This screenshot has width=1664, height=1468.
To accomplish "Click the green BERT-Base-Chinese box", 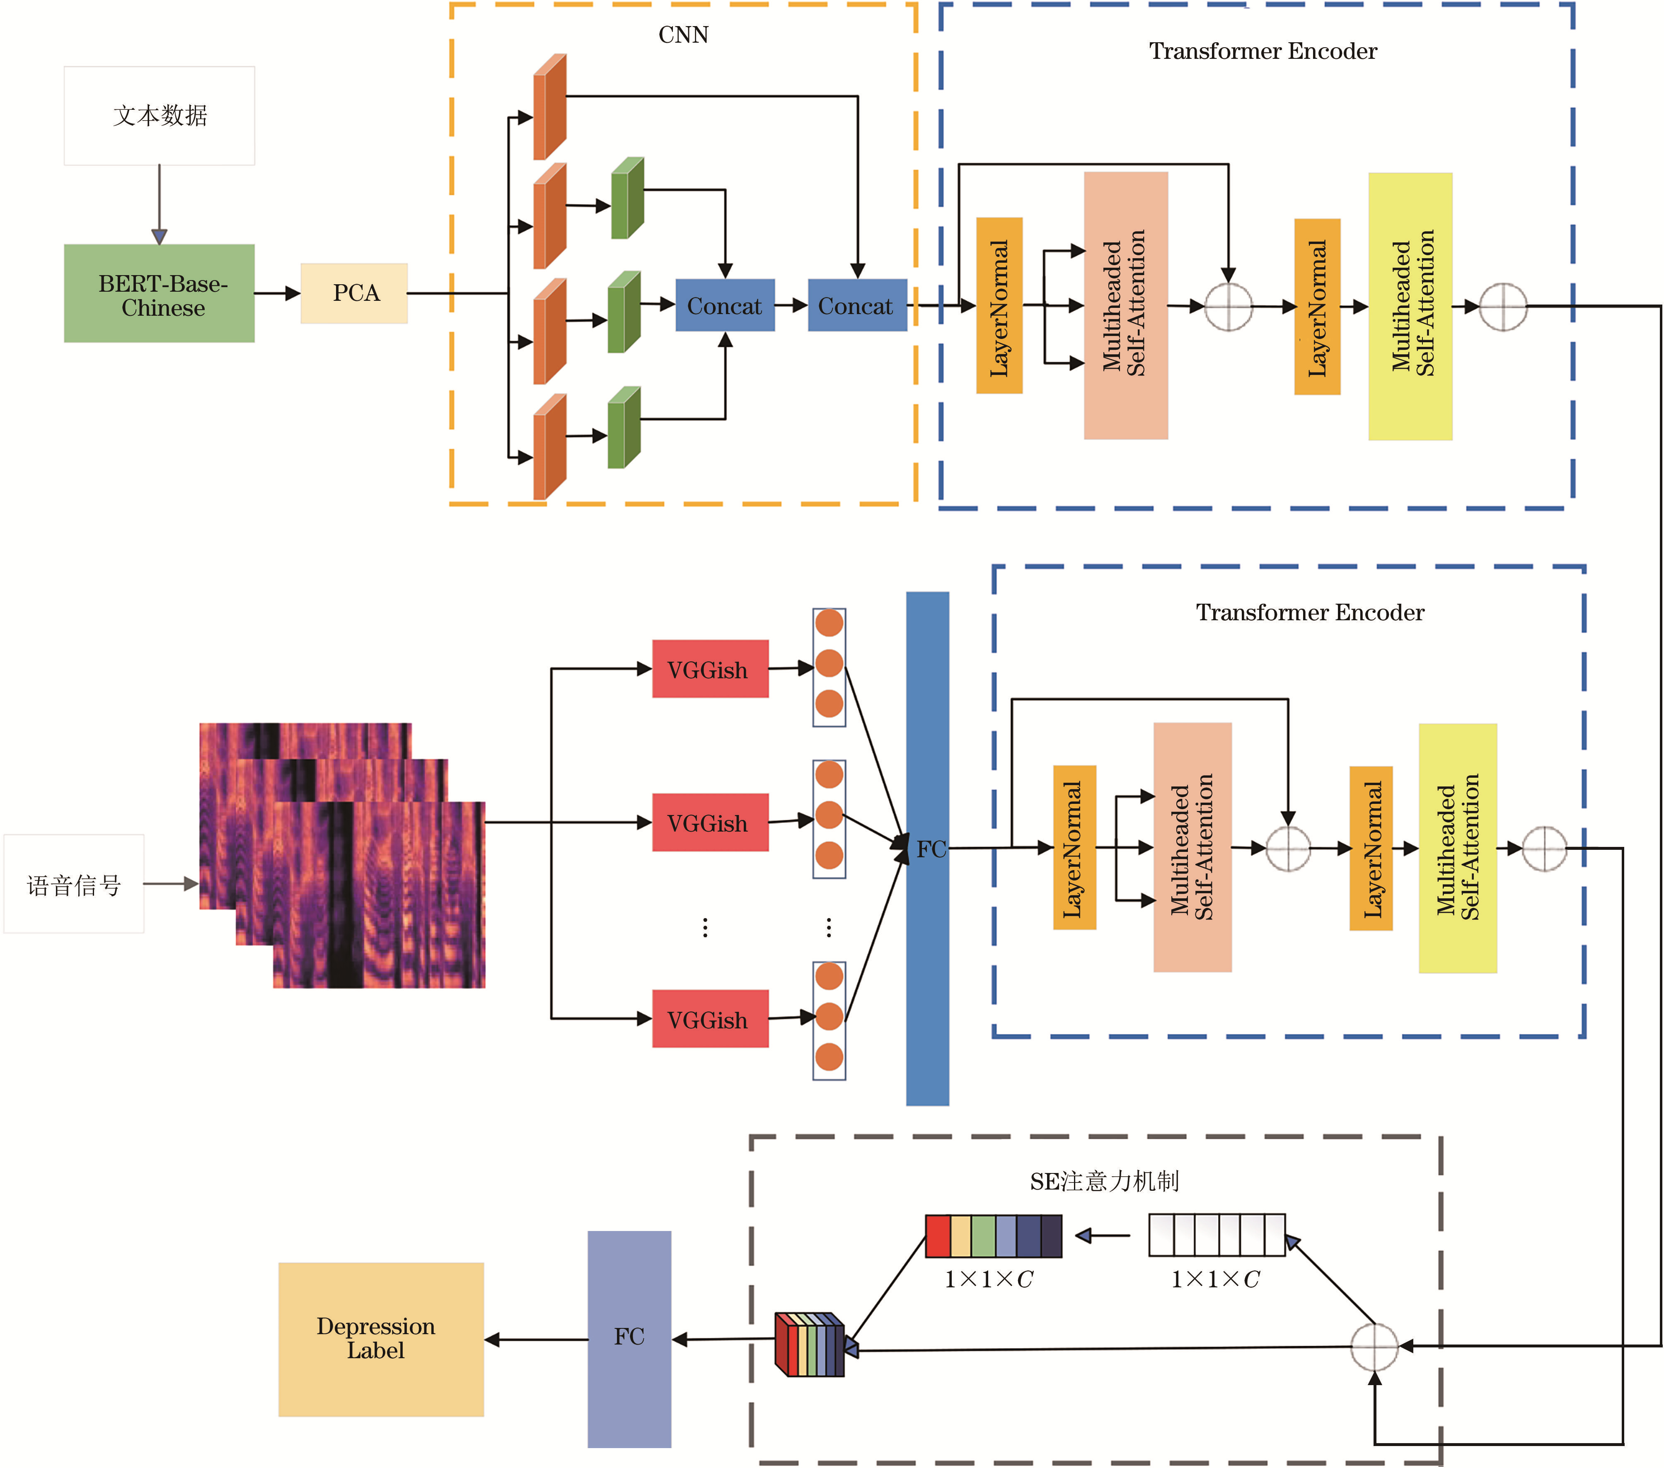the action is click(160, 293).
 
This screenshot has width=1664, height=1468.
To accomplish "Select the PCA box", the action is click(354, 293).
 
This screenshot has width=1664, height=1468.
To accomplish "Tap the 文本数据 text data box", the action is click(160, 116).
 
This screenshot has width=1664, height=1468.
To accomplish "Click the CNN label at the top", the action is click(683, 35).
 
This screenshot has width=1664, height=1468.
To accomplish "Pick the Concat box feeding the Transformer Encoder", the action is click(857, 305).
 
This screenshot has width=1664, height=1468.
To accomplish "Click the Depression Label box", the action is click(381, 1340).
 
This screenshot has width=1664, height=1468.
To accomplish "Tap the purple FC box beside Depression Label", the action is click(629, 1340).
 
